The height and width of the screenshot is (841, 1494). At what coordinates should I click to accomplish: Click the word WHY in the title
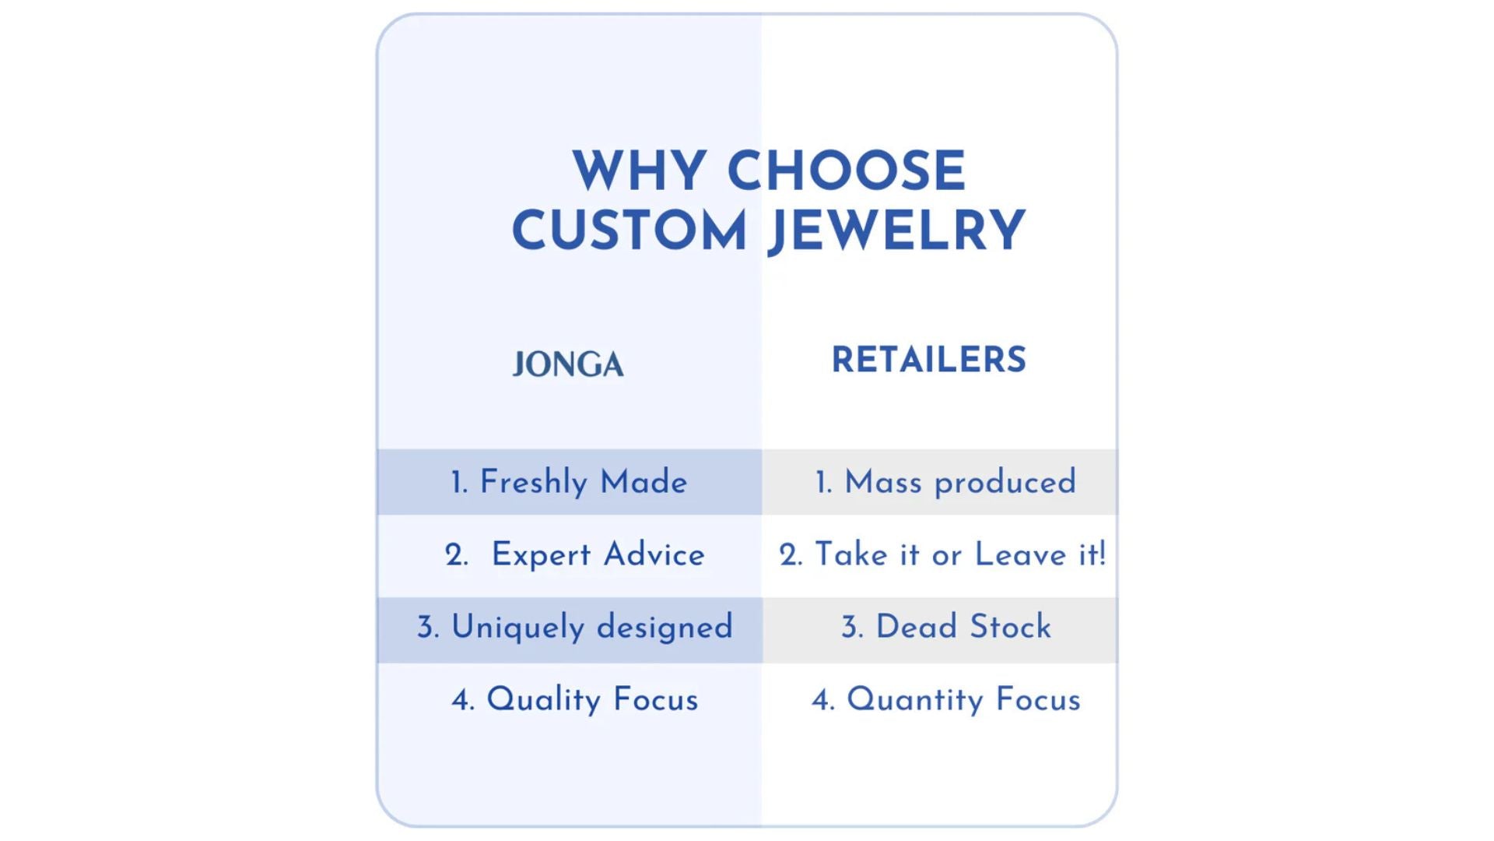639,171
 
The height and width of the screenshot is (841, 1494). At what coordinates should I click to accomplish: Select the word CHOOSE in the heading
847,171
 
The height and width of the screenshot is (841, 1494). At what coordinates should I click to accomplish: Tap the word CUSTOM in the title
630,230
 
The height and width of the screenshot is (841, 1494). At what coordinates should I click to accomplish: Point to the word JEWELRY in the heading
896,231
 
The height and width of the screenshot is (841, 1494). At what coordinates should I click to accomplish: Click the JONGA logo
568,364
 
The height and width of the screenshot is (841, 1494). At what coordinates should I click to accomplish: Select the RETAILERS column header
929,360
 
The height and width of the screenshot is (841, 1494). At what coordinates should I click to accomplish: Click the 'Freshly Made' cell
569,482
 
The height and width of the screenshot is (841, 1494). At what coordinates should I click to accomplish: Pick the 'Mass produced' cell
940,482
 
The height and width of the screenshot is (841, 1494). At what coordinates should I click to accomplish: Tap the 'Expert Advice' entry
575,554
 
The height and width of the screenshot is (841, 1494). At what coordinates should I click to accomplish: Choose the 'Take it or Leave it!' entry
942,554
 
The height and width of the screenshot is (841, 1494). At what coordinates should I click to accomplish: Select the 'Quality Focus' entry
575,699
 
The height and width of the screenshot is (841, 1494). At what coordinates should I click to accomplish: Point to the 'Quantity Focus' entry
946,699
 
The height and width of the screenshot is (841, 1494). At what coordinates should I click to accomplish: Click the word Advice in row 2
654,554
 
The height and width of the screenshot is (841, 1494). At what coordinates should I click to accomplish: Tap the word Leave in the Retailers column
1020,554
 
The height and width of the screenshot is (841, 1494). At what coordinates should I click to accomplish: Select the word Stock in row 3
1010,627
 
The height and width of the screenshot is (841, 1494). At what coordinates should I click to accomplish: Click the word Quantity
914,699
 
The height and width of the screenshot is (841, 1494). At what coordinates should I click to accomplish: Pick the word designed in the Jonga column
665,628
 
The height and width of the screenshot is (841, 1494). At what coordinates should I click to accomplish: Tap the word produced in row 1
1005,484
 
